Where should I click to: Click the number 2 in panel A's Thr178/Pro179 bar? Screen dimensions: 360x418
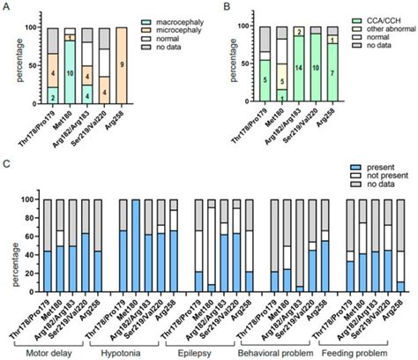coord(52,98)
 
